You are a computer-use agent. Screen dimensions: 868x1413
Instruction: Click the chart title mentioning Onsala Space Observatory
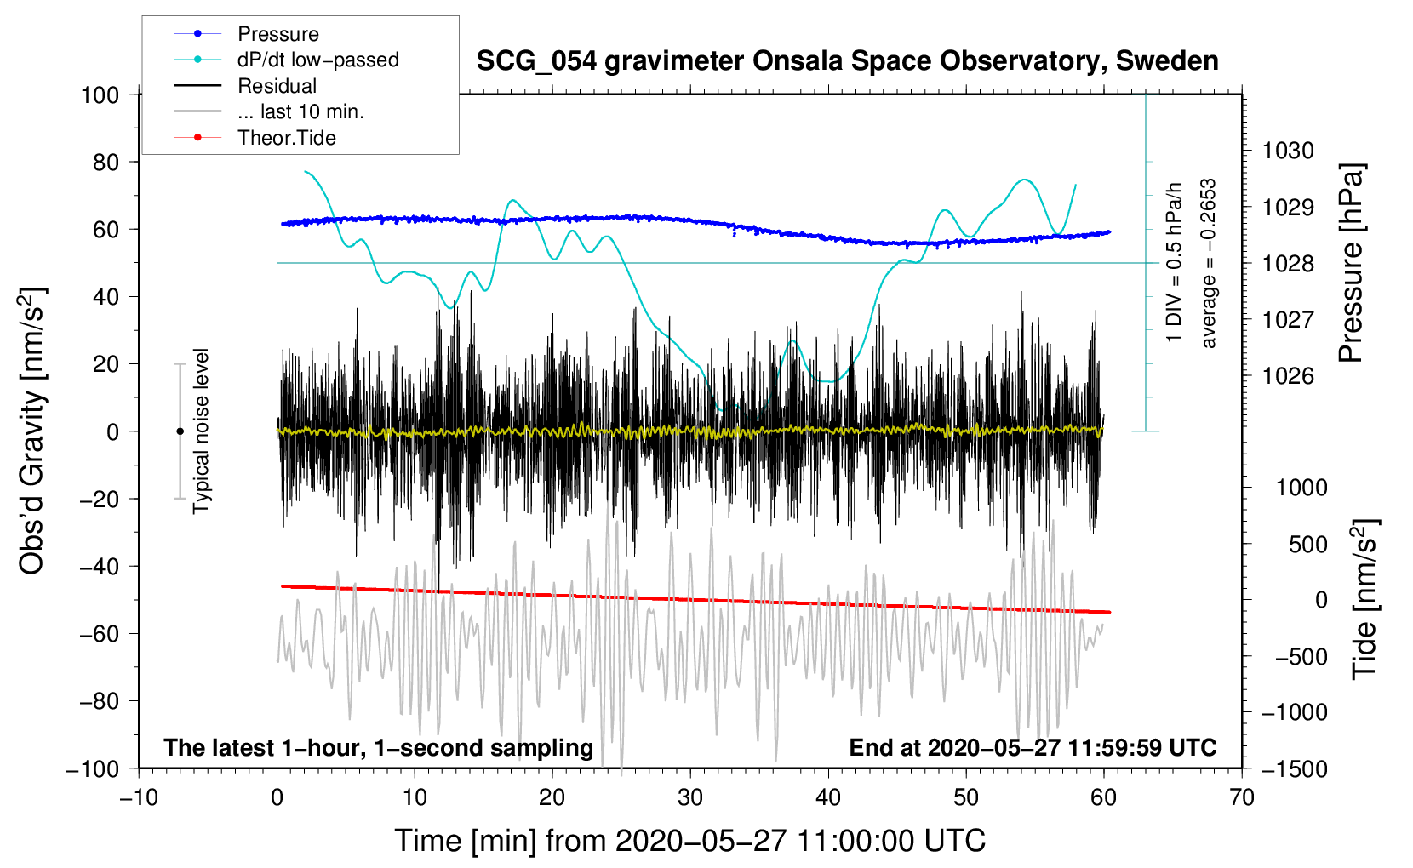(847, 61)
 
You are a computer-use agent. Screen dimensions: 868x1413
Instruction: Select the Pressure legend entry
(277, 34)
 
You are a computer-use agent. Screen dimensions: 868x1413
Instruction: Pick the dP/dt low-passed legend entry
(317, 60)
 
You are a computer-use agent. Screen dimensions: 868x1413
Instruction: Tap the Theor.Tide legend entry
(286, 138)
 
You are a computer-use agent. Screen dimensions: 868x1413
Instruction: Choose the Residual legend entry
(277, 86)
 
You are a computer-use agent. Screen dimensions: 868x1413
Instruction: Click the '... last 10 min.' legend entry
(300, 111)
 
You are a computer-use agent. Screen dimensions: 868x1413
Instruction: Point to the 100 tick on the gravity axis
(100, 94)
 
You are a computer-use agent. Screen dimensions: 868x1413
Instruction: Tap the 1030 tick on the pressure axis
(1288, 151)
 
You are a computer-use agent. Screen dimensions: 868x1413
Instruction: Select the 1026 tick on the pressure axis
(1288, 376)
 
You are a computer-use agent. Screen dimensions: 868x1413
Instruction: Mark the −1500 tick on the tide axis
(1295, 768)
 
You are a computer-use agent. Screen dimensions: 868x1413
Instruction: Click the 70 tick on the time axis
(1242, 797)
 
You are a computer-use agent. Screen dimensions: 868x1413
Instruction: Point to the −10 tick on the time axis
(139, 797)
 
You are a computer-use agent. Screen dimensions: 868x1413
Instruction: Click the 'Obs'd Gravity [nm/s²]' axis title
(32, 431)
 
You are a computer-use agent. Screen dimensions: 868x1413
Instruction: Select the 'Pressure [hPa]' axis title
(1352, 264)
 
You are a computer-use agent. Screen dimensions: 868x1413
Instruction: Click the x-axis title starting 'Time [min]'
(689, 841)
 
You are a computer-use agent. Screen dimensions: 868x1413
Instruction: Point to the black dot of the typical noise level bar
(180, 431)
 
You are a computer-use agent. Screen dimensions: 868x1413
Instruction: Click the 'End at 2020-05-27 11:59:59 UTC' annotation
(1033, 747)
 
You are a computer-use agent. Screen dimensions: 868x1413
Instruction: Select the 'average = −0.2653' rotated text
(1209, 264)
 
